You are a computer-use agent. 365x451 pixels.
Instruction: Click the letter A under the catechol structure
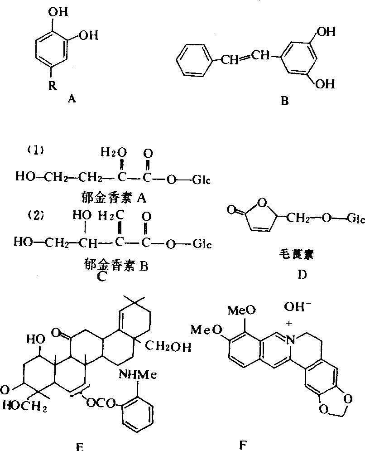pos(71,97)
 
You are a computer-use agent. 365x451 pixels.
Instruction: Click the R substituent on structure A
pos(53,87)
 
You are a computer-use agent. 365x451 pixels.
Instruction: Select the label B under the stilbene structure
pos(284,101)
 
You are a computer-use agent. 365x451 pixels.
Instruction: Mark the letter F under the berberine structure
pos(242,442)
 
